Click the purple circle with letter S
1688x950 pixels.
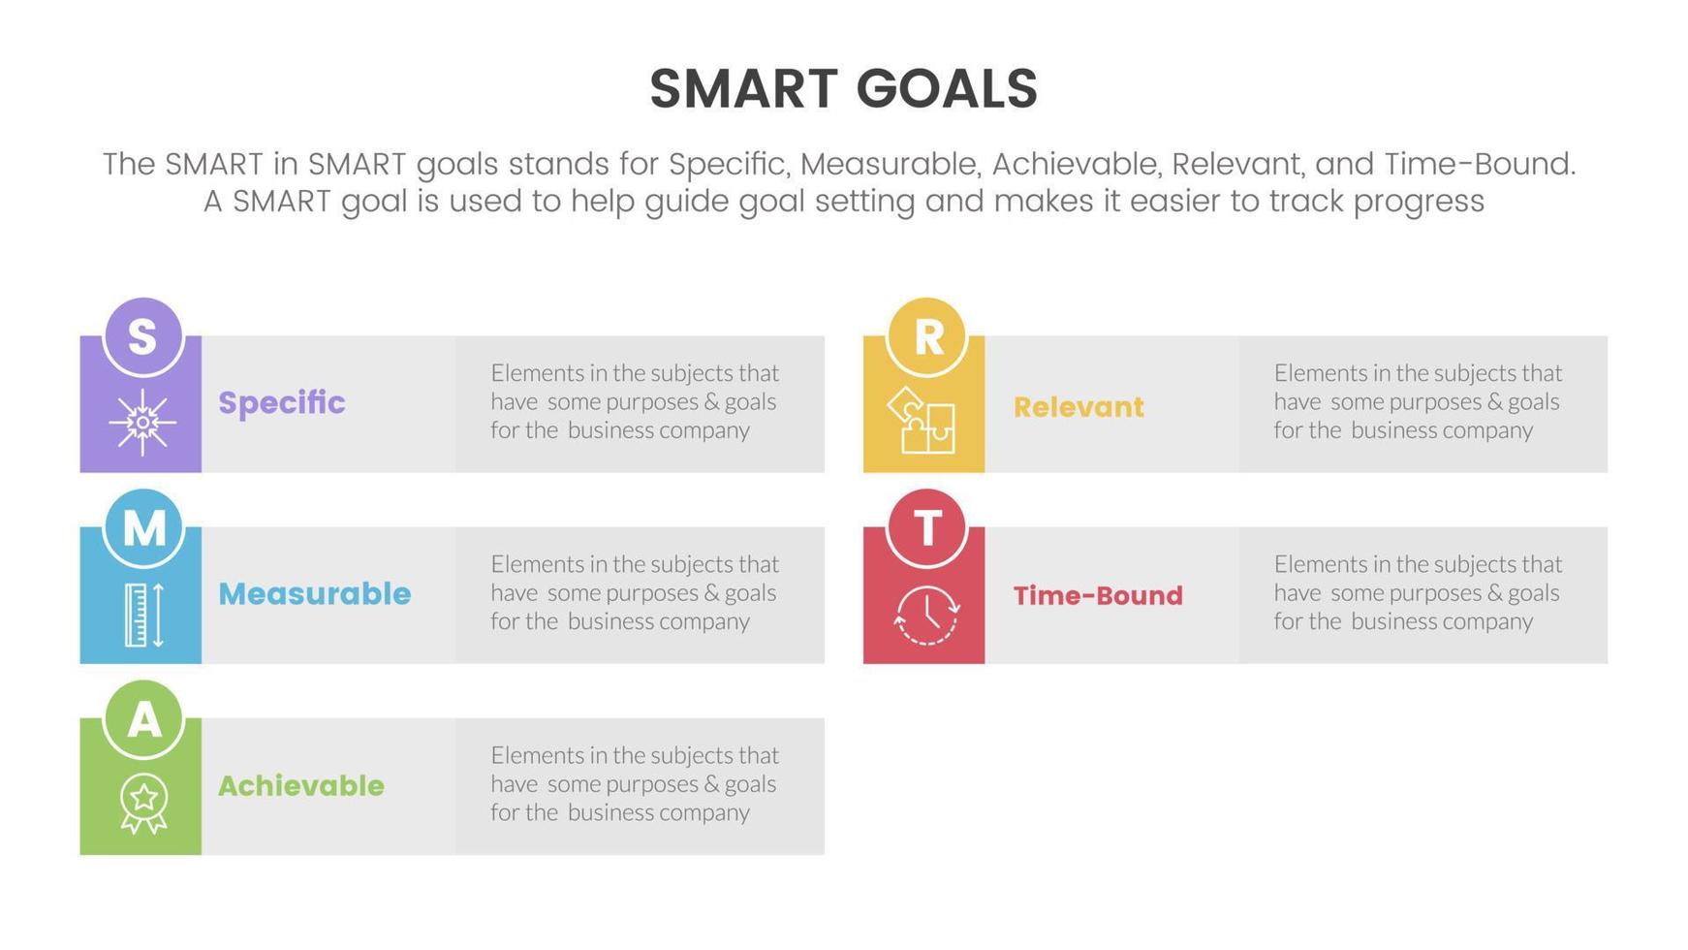[x=142, y=336]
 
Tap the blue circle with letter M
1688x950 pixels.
[x=142, y=527]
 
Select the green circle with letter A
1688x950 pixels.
[x=142, y=718]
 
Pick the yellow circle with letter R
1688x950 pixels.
[x=926, y=336]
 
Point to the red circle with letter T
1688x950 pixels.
[x=926, y=527]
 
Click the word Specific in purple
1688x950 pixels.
[x=281, y=402]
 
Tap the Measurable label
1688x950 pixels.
[x=314, y=593]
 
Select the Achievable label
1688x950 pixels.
[x=300, y=785]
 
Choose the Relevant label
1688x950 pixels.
[x=1078, y=407]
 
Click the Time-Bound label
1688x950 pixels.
[x=1098, y=595]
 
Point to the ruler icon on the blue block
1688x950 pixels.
[x=143, y=615]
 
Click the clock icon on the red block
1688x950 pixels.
[x=926, y=614]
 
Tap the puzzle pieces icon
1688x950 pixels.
[x=922, y=420]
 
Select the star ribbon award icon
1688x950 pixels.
[x=143, y=803]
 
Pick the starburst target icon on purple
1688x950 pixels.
[x=142, y=422]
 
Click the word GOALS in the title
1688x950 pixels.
[x=947, y=88]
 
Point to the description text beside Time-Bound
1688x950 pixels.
[x=1418, y=592]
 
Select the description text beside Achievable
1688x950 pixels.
[x=635, y=783]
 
